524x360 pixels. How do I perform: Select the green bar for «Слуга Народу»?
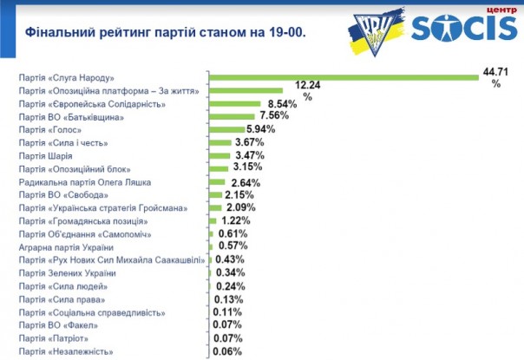(x=344, y=77)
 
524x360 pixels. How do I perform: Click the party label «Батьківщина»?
(x=77, y=116)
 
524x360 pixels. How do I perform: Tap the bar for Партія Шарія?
(x=219, y=155)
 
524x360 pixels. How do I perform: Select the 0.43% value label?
(x=229, y=260)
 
